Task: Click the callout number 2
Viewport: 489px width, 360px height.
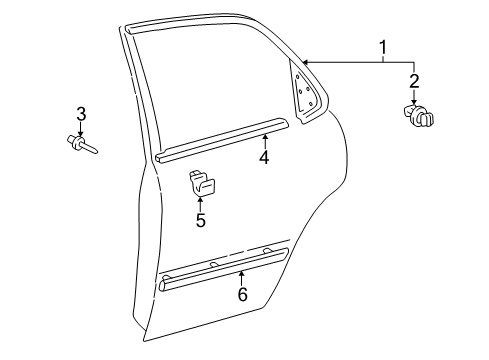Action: [414, 80]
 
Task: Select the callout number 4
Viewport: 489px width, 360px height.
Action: [264, 156]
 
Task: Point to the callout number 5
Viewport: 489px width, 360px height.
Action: [200, 219]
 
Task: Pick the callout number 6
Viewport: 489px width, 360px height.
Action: [241, 293]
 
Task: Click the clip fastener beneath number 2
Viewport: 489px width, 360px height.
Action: [420, 119]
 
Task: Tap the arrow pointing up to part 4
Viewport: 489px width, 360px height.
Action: [264, 139]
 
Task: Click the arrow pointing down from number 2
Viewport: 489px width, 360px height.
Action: [414, 97]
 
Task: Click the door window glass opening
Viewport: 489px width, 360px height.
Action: [210, 85]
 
